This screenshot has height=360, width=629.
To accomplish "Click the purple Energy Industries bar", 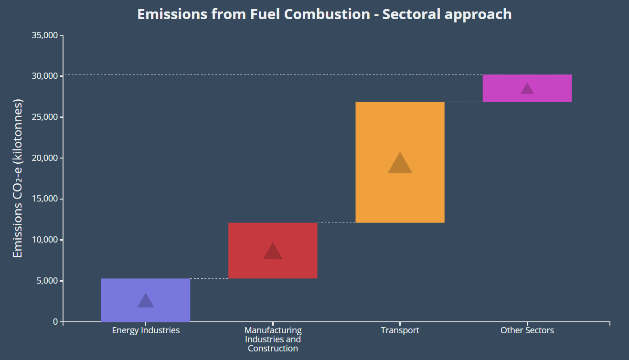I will [146, 286].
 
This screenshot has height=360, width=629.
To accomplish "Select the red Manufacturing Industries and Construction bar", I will [273, 234].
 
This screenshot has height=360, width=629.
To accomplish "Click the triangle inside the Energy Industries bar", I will [146, 301].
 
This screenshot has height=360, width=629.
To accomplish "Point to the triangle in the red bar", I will [273, 252].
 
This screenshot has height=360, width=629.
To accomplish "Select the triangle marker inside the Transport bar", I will [400, 164].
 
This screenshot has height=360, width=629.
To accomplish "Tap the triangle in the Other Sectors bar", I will [527, 89].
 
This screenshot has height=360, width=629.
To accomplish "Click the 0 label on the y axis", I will [55, 322].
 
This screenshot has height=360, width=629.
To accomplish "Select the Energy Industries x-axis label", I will [146, 330].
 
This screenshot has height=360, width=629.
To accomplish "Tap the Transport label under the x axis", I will [400, 330].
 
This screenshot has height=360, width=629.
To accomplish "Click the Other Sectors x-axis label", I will [527, 330].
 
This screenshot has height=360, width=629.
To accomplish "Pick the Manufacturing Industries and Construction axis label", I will [273, 339].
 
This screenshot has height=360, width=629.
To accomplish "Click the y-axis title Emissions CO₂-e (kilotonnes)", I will [18, 179].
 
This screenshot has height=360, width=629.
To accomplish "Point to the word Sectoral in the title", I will [411, 14].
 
